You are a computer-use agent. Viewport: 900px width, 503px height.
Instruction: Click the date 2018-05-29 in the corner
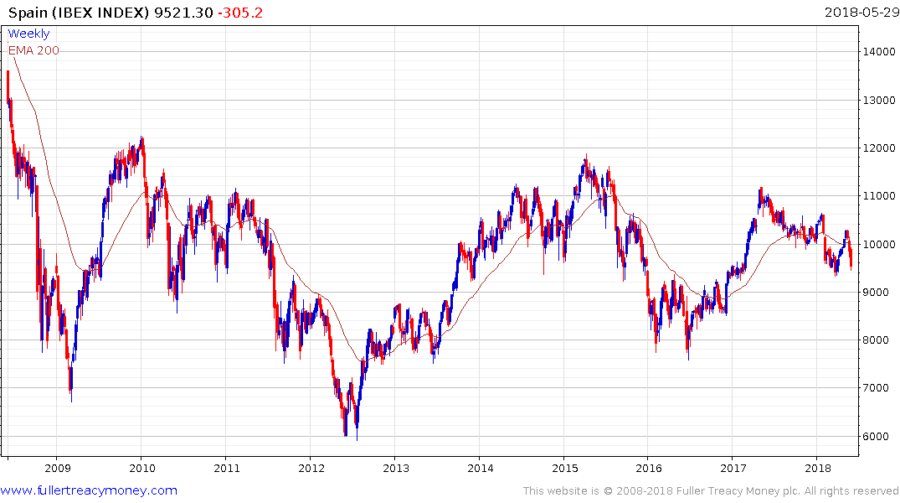point(860,13)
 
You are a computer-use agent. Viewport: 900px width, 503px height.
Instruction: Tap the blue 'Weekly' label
point(28,34)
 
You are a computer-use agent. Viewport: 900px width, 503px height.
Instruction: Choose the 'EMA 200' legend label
point(33,50)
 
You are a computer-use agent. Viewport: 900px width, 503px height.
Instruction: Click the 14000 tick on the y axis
point(879,52)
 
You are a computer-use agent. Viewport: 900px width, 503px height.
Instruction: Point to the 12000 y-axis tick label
point(879,148)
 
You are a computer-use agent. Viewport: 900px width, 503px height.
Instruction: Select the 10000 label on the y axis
point(879,244)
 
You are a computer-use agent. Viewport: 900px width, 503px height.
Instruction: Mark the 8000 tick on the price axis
point(879,340)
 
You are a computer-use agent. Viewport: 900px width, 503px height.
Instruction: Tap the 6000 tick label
point(879,436)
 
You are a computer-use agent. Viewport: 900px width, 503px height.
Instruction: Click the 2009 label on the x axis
point(57,468)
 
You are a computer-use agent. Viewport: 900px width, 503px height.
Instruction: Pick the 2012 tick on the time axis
point(311,468)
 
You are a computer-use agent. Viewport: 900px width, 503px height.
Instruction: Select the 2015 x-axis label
point(564,468)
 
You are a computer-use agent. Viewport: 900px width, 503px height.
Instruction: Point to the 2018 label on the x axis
point(818,468)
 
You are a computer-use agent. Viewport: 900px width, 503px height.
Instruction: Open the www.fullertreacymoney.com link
point(89,490)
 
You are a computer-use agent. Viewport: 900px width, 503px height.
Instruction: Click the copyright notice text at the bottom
point(711,490)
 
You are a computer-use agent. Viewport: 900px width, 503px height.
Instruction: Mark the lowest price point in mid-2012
point(356,438)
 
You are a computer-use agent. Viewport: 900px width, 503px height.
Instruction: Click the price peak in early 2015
point(586,155)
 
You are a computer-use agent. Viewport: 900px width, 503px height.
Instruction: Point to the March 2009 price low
point(70,401)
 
